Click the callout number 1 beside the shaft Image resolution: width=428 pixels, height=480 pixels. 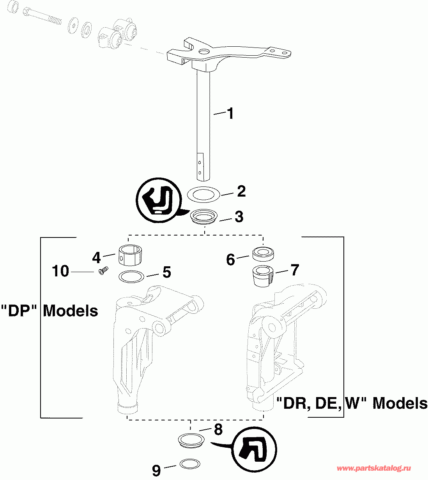230,114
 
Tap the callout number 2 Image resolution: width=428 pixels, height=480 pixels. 241,191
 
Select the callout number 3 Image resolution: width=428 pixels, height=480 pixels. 239,216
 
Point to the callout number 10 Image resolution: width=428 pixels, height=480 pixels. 60,271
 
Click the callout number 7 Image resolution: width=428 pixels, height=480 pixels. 294,270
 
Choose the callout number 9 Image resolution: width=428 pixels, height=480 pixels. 156,470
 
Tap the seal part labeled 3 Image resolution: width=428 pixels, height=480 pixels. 204,216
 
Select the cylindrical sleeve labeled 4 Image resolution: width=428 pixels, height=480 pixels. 130,255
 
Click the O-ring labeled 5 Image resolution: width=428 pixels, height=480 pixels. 131,276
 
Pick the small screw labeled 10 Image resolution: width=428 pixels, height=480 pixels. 103,270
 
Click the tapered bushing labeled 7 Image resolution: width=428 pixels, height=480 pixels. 263,276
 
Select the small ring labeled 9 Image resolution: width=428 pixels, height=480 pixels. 190,464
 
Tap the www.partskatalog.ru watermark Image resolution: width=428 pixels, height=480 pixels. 374,468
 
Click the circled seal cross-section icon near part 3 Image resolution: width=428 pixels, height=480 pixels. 159,200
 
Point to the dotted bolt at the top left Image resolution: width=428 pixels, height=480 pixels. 42,16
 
